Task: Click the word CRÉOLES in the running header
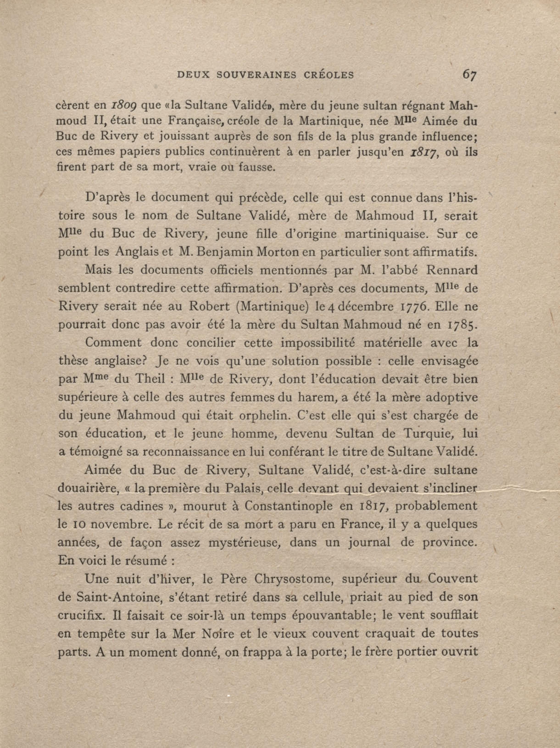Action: pos(329,75)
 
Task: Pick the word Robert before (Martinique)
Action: pos(209,306)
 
